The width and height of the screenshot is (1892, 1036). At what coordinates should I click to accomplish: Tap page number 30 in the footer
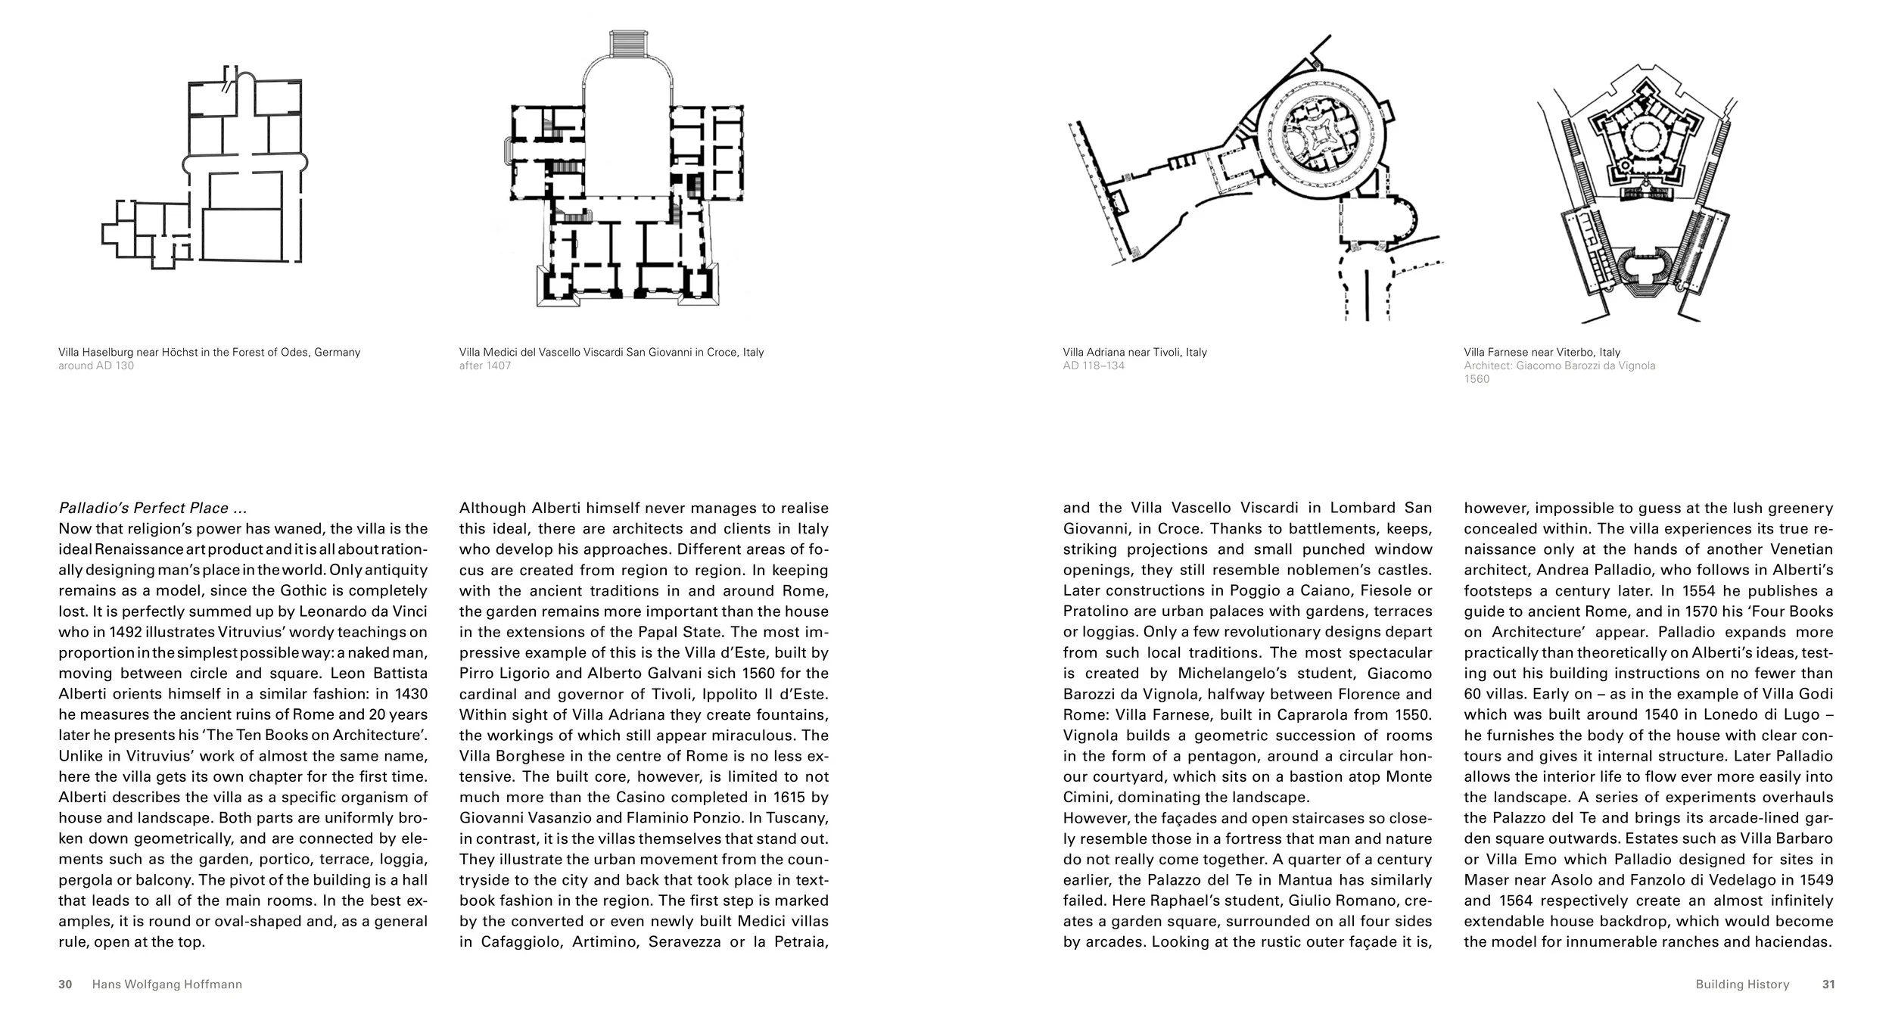(x=66, y=985)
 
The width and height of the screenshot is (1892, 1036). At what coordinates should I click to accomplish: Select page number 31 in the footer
(x=1828, y=985)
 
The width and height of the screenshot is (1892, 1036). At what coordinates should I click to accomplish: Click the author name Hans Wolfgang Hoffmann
(x=166, y=985)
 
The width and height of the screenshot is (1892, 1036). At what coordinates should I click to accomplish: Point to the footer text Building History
(x=1742, y=985)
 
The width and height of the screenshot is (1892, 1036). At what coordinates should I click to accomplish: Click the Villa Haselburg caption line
(x=209, y=352)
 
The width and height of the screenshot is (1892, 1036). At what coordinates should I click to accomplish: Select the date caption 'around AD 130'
(x=96, y=366)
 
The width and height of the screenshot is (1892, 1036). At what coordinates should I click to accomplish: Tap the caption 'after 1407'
(x=485, y=366)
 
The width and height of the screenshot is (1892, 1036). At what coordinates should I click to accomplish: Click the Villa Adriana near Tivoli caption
(x=1134, y=352)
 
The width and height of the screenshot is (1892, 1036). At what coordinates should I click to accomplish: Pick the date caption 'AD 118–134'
(x=1094, y=366)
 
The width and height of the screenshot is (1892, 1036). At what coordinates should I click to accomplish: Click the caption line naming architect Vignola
(x=1559, y=366)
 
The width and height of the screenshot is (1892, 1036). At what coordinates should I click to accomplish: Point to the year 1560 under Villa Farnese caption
(x=1477, y=379)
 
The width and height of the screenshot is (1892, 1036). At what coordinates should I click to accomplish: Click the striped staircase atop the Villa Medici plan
(x=625, y=43)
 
